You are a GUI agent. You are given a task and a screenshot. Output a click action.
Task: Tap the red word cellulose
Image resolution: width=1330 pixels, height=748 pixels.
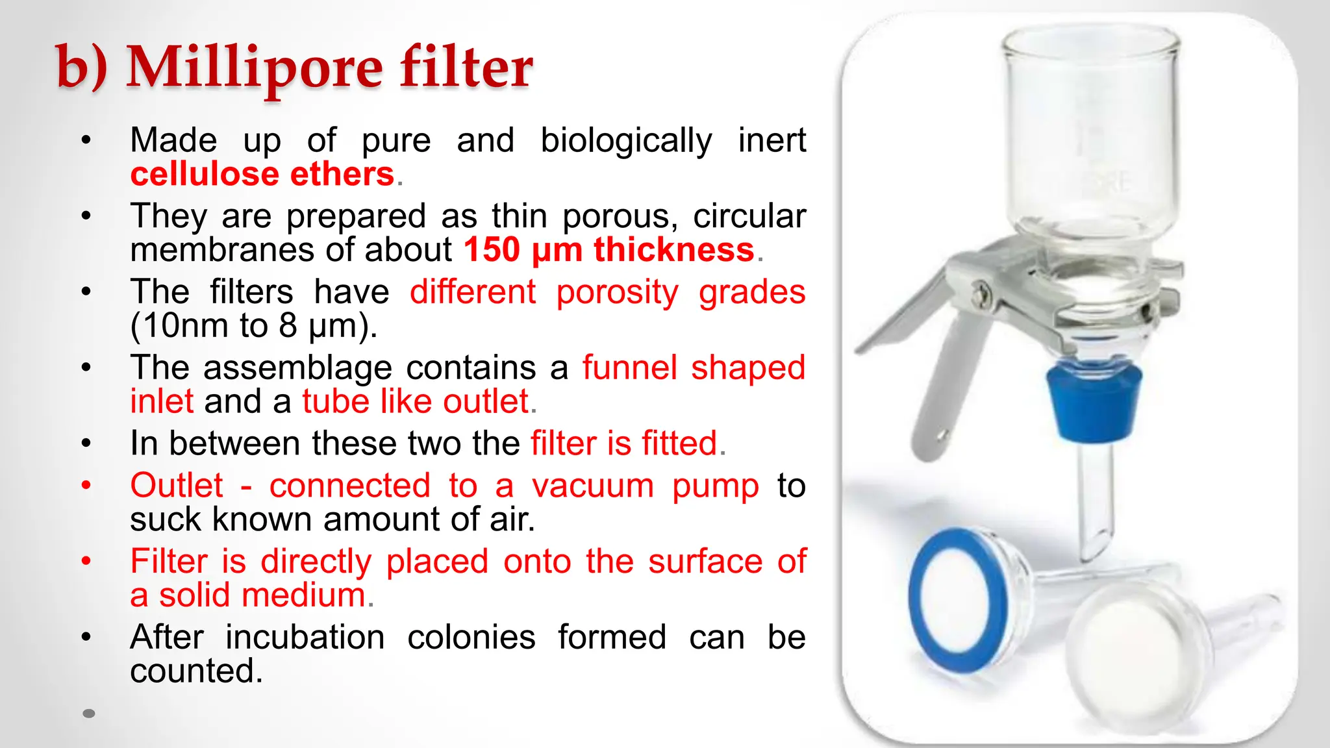(x=205, y=174)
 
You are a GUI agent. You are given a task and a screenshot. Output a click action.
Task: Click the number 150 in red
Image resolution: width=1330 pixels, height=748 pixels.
(x=492, y=250)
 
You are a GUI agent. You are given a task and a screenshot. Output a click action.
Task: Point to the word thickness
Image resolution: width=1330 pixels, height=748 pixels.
(x=673, y=250)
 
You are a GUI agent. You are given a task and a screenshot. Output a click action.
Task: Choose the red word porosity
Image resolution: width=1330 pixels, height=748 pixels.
(x=617, y=292)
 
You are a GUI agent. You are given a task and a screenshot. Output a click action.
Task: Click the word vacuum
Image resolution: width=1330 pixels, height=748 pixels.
(x=592, y=486)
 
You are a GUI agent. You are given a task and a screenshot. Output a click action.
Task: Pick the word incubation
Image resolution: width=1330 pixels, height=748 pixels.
(x=305, y=637)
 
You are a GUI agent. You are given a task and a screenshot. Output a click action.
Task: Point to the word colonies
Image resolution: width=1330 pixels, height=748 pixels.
(x=471, y=637)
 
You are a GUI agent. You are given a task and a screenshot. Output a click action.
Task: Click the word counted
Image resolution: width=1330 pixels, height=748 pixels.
(x=195, y=671)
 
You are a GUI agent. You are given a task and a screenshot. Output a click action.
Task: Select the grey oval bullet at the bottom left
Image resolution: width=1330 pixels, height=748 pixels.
(x=89, y=714)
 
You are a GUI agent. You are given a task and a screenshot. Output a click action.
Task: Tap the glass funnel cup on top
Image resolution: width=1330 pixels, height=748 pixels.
(x=1091, y=130)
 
